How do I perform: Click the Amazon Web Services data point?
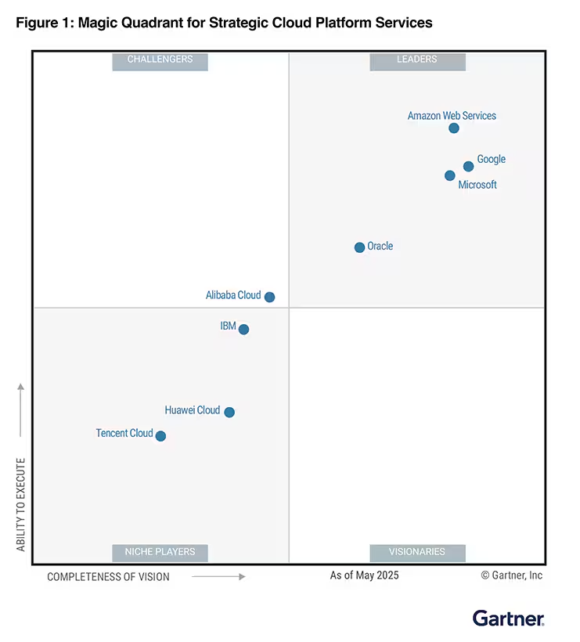(x=454, y=128)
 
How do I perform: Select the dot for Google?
(x=468, y=166)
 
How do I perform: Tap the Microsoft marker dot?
(x=449, y=175)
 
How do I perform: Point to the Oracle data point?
(x=359, y=247)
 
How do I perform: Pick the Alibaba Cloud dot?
(x=269, y=297)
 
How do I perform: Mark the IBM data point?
(x=243, y=330)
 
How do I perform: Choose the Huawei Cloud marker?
(x=229, y=412)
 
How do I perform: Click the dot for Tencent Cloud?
(x=160, y=436)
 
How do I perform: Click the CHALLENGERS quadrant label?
(x=160, y=60)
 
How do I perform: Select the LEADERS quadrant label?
(x=417, y=60)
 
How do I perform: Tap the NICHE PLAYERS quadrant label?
(x=160, y=552)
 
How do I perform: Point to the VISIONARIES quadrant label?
(x=417, y=552)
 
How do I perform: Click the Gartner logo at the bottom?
(x=508, y=618)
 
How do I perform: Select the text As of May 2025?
(x=364, y=575)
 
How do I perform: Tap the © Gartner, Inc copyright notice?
(x=511, y=575)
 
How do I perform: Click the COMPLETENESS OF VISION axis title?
(x=108, y=577)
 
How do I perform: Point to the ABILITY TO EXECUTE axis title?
(x=21, y=504)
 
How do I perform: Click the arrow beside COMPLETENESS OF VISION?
(x=218, y=576)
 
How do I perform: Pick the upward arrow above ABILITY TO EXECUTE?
(x=21, y=409)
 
